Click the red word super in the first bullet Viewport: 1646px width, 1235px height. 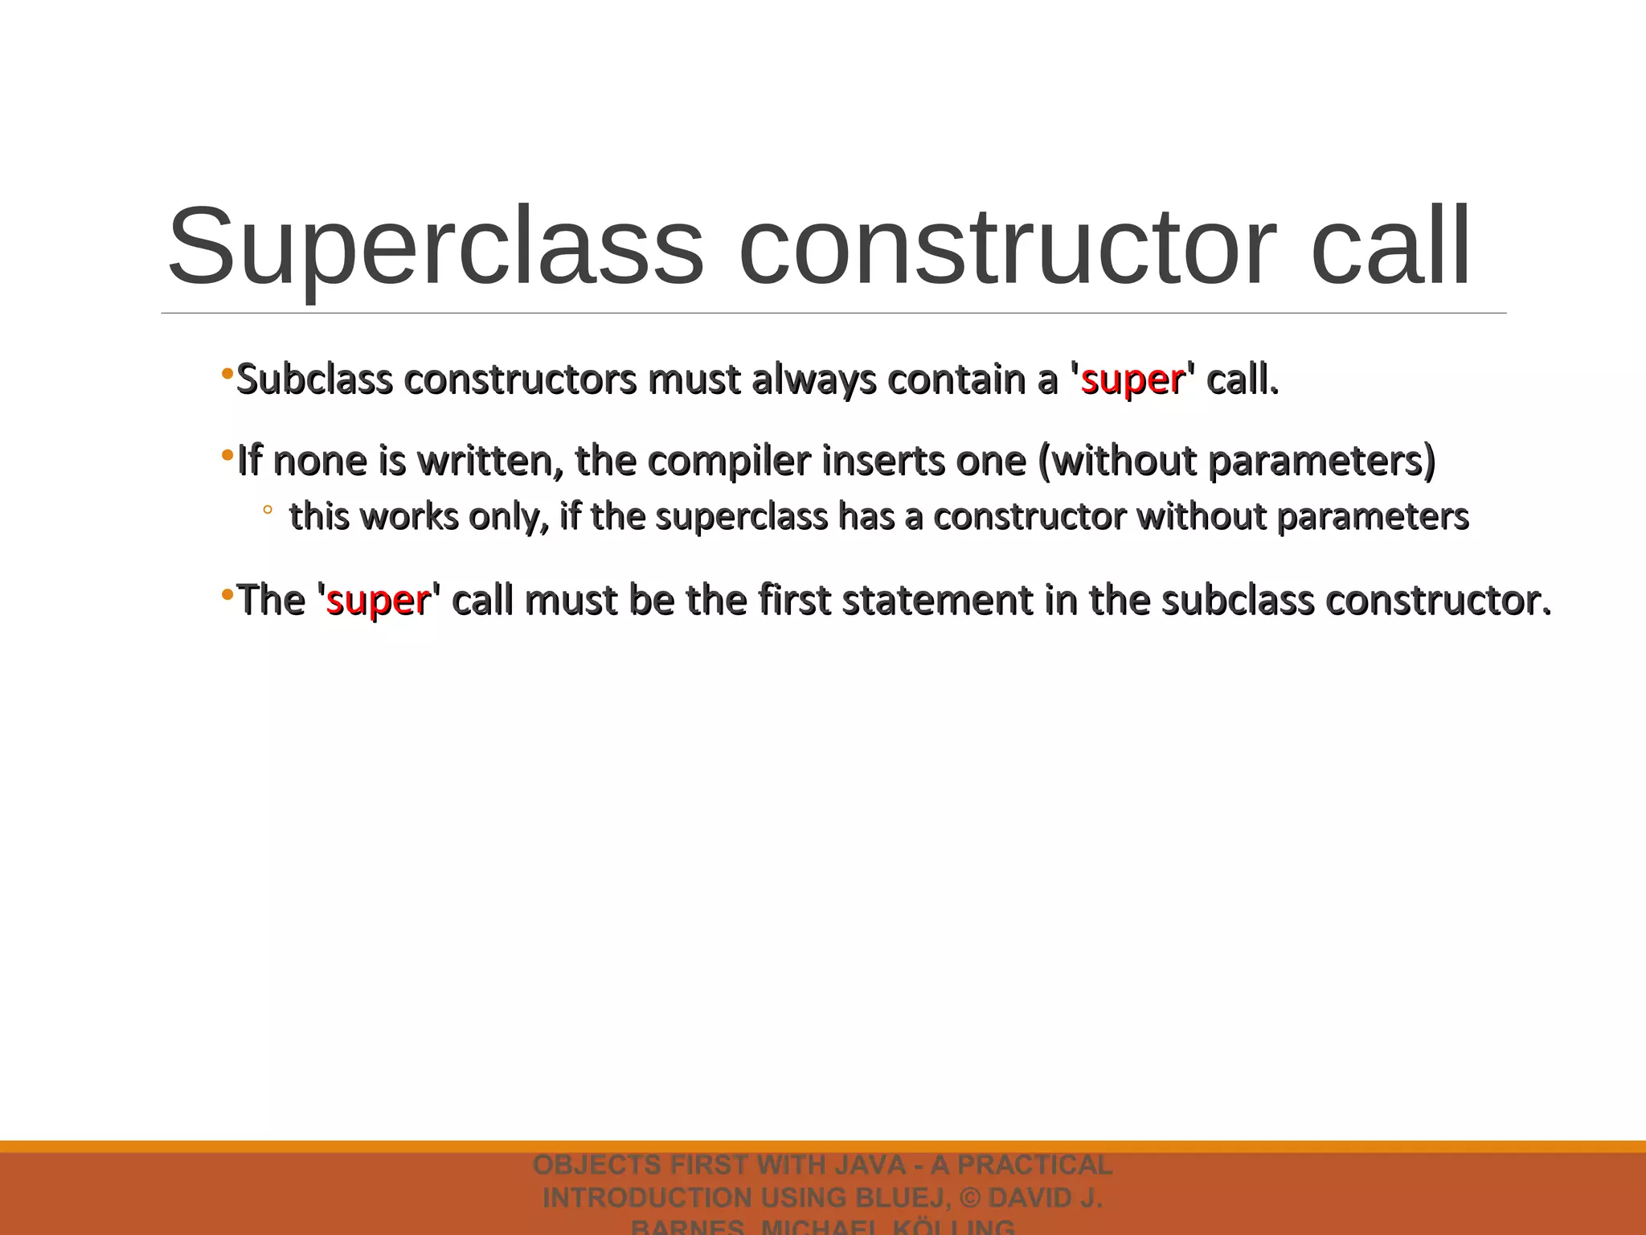pyautogui.click(x=1132, y=380)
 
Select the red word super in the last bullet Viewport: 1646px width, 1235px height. pyautogui.click(x=378, y=601)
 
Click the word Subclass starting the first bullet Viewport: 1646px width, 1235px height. pyautogui.click(x=314, y=380)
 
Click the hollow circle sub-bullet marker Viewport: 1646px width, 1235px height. pyautogui.click(x=268, y=509)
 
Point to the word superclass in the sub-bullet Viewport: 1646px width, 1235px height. pyautogui.click(x=741, y=516)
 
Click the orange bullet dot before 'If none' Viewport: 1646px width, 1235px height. pyautogui.click(x=227, y=456)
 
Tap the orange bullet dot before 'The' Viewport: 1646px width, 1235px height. pyautogui.click(x=227, y=596)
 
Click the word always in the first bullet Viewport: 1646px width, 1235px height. pyautogui.click(x=813, y=380)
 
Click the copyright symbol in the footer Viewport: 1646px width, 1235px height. pyautogui.click(x=970, y=1198)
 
